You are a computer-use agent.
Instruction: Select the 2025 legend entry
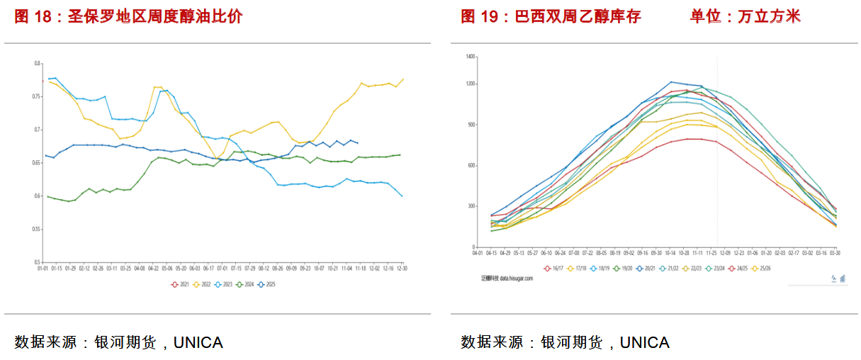coord(267,284)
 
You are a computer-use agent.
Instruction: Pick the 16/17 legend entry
coord(553,269)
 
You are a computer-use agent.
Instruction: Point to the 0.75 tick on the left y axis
coord(37,96)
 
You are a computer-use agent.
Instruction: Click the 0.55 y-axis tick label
coord(37,230)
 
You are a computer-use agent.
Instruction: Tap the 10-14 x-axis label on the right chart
coord(670,253)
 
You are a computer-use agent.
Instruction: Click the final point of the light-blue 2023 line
coord(402,196)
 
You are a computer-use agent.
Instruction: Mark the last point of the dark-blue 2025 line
coord(357,143)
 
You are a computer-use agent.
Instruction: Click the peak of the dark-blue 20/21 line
coord(671,82)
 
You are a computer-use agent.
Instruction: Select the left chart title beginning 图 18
coord(128,17)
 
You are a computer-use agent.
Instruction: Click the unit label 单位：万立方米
coord(745,17)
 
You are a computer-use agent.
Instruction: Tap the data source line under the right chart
coord(565,343)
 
